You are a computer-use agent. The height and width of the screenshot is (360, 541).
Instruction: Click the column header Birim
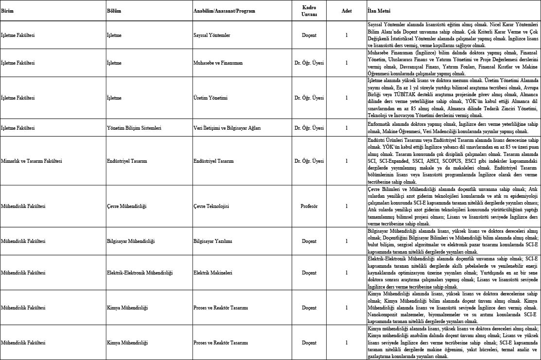pos(7,10)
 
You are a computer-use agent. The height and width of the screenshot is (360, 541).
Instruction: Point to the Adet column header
pos(347,10)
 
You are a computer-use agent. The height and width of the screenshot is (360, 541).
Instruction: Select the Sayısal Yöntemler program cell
pos(211,35)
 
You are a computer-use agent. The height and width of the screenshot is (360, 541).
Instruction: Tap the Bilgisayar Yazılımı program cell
pos(212,240)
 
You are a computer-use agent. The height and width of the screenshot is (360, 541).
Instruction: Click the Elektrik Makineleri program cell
pos(212,273)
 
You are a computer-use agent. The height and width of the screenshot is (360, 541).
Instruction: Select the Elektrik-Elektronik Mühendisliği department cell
pos(140,273)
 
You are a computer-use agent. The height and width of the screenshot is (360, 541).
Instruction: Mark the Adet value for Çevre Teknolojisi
pos(347,206)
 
